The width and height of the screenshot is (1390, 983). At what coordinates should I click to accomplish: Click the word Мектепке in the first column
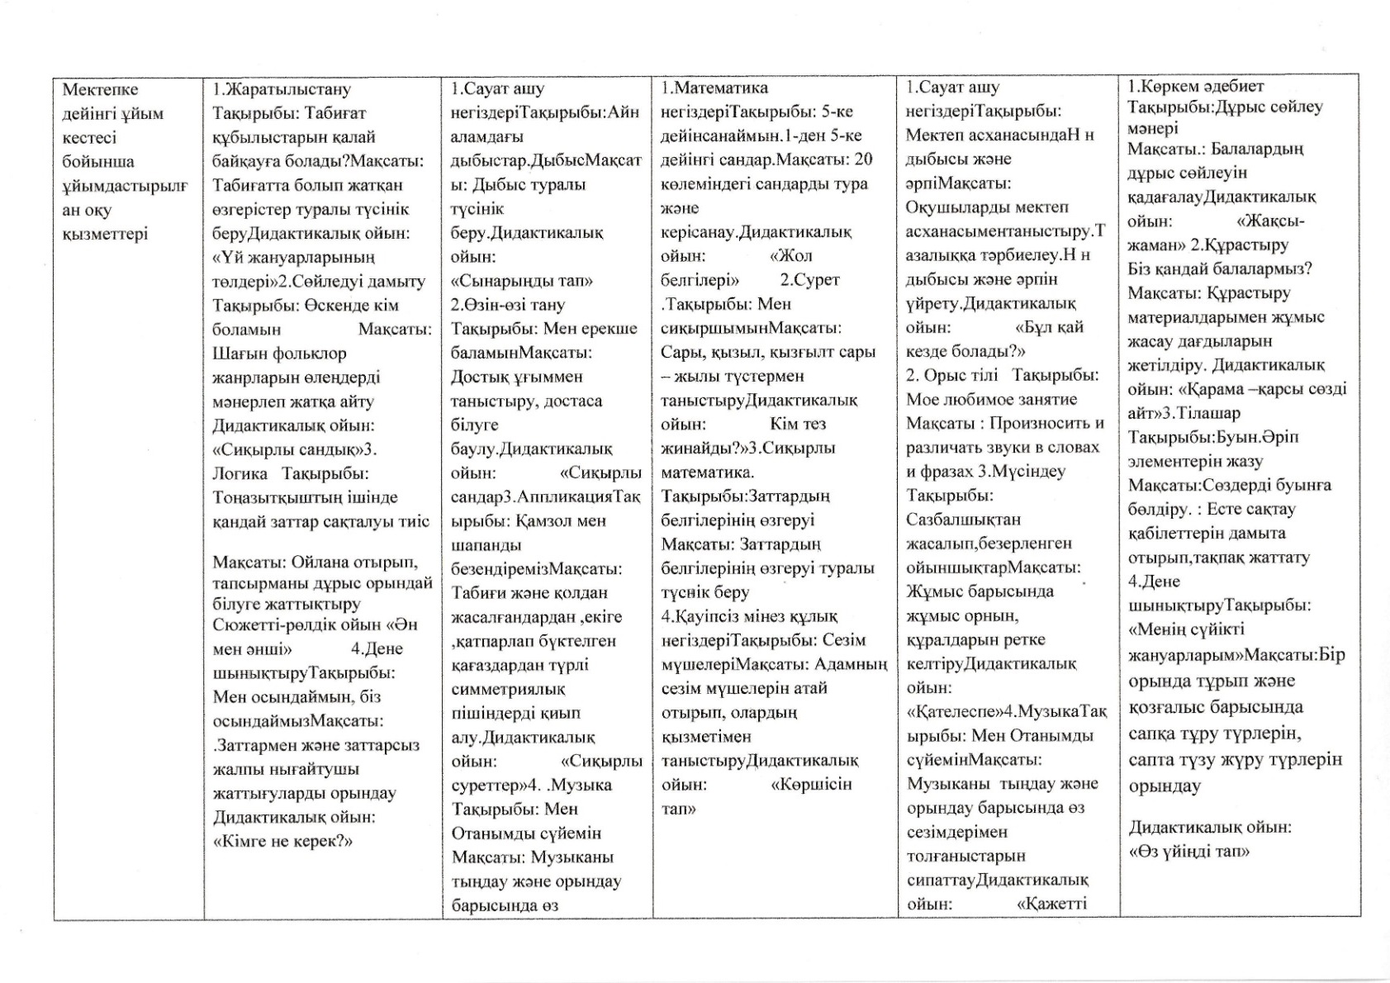100,89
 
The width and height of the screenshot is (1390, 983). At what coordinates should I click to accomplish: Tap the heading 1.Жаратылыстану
282,89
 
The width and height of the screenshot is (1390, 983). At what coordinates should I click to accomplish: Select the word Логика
240,473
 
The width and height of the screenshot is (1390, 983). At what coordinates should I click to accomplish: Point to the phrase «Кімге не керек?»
282,841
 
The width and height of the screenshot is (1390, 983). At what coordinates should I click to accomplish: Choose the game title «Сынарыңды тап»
521,281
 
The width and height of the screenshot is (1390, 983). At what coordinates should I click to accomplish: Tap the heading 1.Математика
714,88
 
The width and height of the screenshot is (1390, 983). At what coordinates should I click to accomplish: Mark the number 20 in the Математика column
862,159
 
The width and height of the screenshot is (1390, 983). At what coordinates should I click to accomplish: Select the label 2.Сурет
809,280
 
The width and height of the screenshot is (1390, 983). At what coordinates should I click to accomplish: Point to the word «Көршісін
811,784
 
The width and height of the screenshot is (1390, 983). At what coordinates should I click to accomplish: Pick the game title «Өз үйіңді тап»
1188,851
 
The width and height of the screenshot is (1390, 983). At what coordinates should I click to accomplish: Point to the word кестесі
89,137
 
